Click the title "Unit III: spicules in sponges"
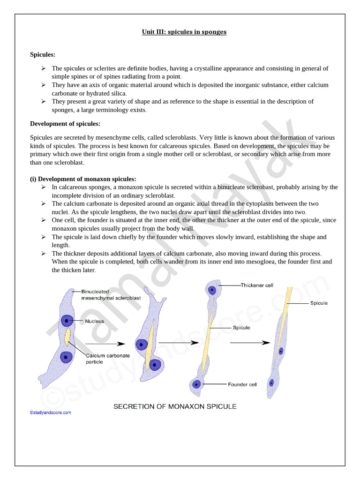click(184, 32)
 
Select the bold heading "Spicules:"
click(43, 55)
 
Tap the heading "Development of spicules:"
click(65, 124)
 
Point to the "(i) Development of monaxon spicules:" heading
click(83, 179)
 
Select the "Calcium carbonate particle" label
click(107, 359)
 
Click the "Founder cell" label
click(242, 385)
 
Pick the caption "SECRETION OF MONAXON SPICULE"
click(174, 406)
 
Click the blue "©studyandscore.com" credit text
click(50, 413)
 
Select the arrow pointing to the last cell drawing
click(250, 343)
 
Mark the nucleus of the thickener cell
click(212, 290)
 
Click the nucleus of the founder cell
click(196, 384)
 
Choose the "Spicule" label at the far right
click(319, 303)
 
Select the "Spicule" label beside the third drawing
click(241, 328)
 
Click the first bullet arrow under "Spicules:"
click(43, 68)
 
